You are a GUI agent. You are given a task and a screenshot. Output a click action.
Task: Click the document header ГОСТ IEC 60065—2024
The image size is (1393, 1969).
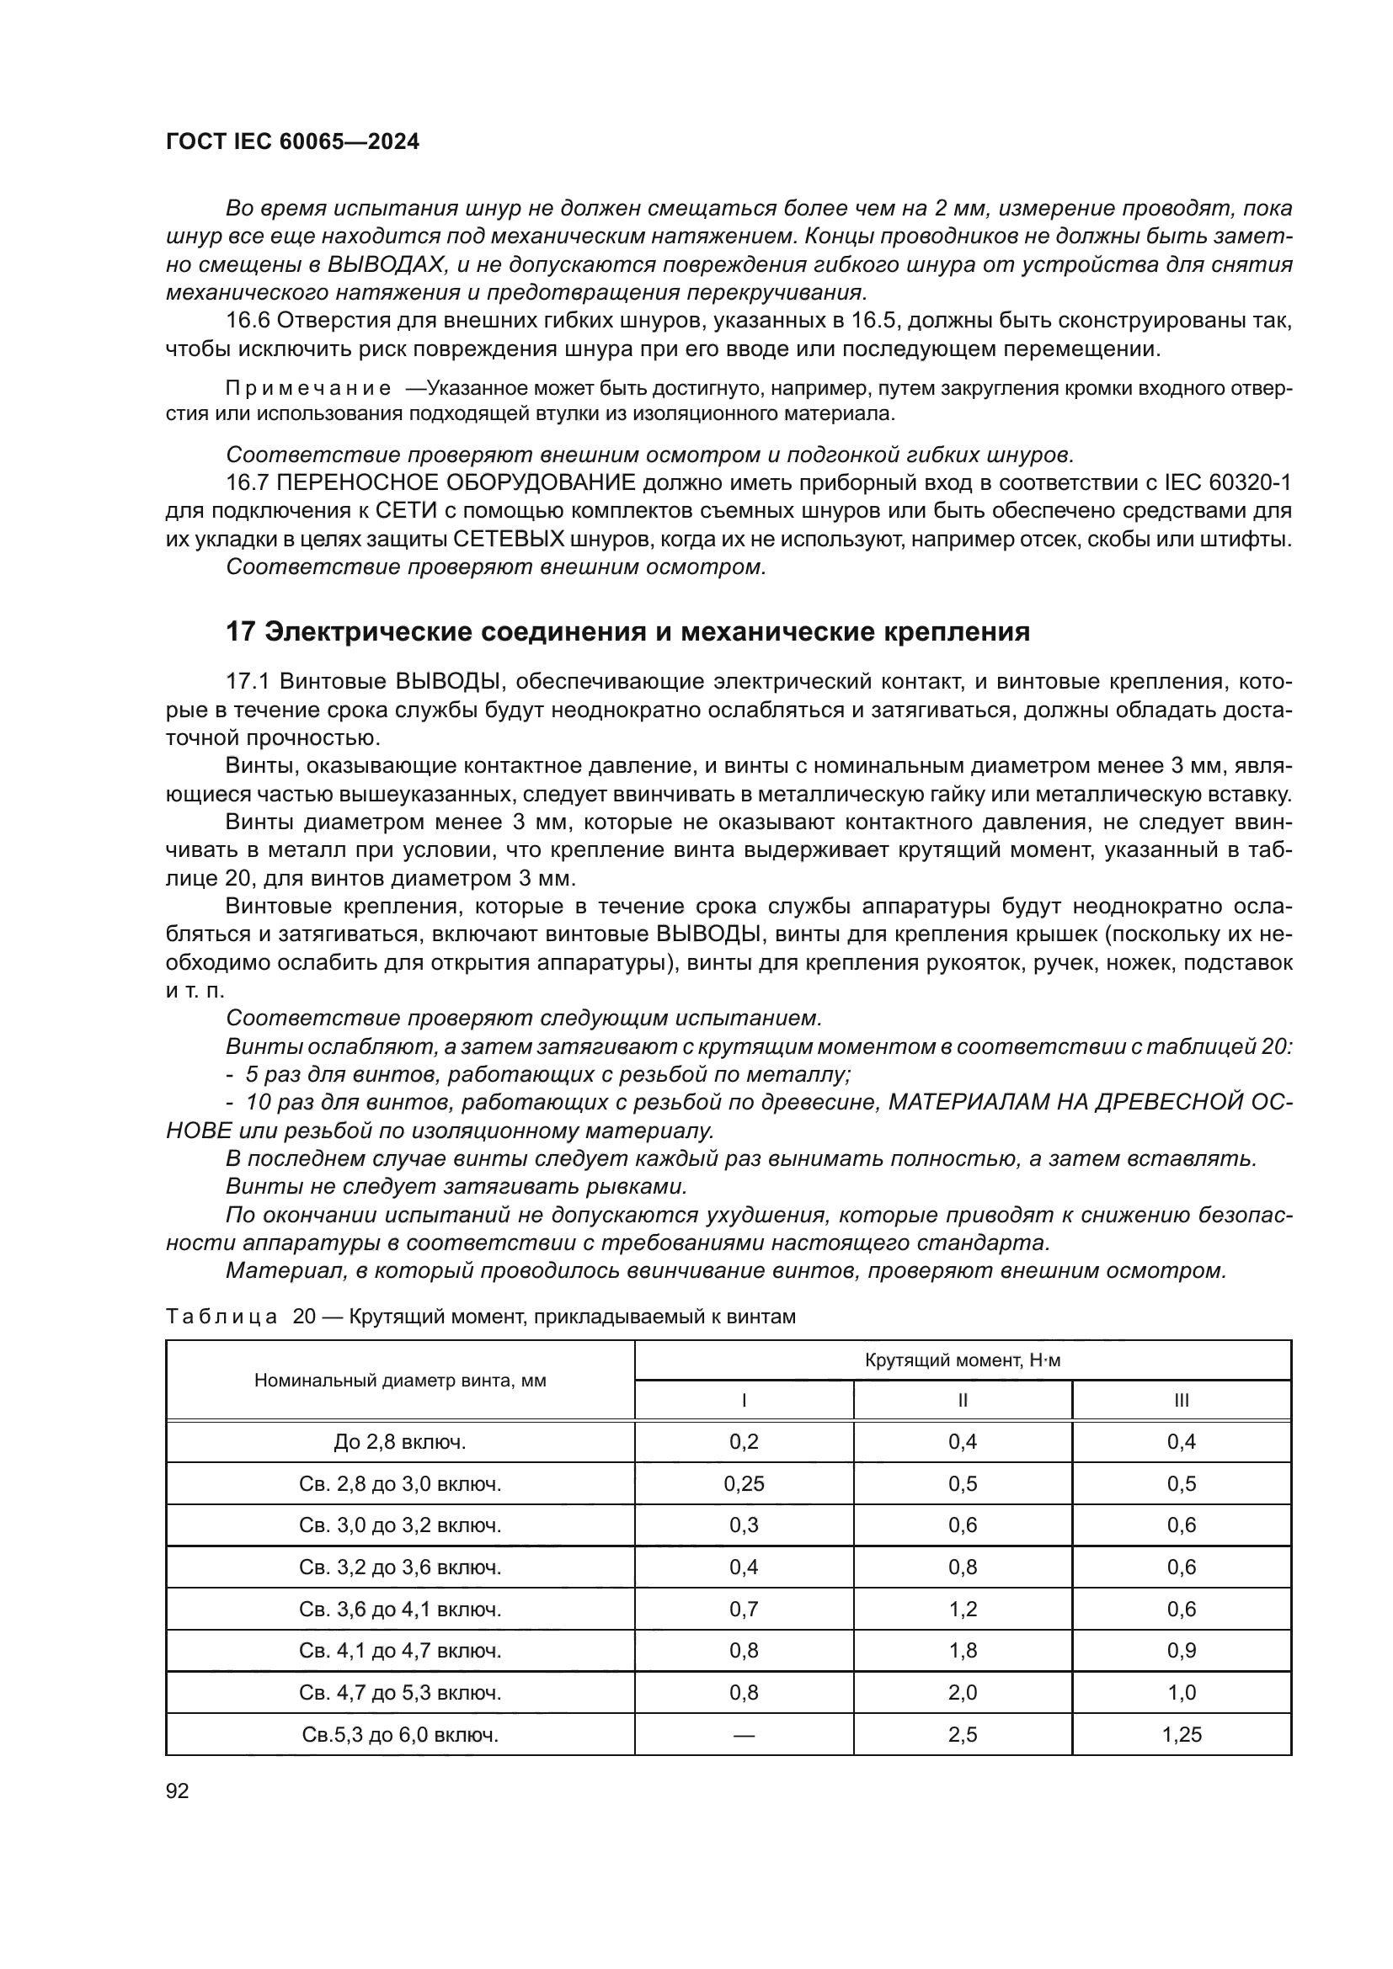click(292, 142)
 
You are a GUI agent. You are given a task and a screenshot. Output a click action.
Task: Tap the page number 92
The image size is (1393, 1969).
click(178, 1791)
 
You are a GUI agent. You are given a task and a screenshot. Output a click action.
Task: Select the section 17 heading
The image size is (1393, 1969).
click(627, 632)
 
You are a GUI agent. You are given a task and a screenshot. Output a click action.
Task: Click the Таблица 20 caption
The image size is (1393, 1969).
click(480, 1317)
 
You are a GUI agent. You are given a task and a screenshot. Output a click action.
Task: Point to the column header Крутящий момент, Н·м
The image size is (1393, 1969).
click(963, 1360)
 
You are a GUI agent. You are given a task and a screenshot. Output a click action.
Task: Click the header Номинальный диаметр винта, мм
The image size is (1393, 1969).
click(400, 1381)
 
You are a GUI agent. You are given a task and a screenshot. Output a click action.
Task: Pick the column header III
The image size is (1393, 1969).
click(1181, 1401)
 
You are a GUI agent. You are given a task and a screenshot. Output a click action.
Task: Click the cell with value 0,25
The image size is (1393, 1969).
click(744, 1484)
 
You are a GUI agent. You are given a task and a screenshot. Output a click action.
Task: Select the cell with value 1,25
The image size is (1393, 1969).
click(1181, 1735)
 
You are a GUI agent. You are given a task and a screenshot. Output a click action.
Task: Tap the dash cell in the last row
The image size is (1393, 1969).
click(744, 1735)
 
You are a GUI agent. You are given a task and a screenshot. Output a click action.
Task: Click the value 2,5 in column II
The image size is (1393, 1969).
click(963, 1735)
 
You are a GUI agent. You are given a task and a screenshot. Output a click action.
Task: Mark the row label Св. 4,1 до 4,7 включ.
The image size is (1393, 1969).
click(400, 1651)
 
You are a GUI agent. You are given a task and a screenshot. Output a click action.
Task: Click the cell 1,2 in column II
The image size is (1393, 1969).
click(963, 1609)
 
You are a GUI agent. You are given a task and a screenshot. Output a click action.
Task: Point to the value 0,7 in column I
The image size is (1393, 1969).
click(744, 1609)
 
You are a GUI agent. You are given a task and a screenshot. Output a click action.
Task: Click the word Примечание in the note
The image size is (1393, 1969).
click(308, 388)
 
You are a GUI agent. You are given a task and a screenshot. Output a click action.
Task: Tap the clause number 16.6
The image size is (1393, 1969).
click(248, 321)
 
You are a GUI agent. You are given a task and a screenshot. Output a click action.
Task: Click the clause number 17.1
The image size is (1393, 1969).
click(248, 682)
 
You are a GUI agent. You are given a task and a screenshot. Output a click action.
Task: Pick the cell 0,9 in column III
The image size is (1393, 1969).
click(1181, 1651)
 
